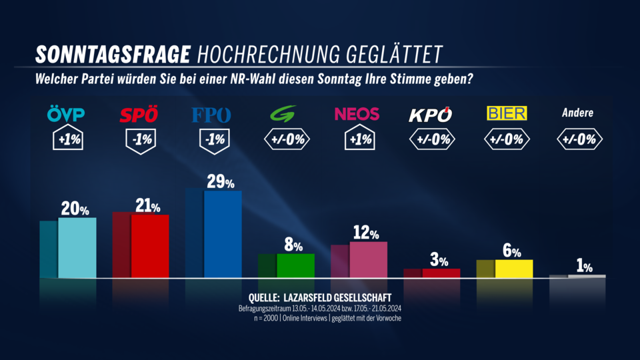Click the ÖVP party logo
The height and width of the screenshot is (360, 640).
(x=66, y=115)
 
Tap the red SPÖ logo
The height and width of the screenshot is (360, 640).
(x=139, y=115)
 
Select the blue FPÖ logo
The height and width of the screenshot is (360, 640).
(x=211, y=115)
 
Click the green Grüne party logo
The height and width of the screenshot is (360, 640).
(x=285, y=115)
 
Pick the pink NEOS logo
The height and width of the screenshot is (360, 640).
(x=357, y=114)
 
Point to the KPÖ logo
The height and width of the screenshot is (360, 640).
(x=431, y=114)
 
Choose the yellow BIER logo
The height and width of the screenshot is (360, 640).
(x=506, y=113)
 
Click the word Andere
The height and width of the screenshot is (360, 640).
(x=577, y=113)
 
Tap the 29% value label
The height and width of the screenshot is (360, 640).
(x=220, y=182)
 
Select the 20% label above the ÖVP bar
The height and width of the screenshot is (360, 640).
(x=75, y=209)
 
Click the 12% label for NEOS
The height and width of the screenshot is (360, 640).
(x=366, y=233)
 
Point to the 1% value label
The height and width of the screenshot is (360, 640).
(x=584, y=267)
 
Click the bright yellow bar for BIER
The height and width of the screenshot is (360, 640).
(x=513, y=268)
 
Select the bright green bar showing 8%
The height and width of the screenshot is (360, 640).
(x=295, y=265)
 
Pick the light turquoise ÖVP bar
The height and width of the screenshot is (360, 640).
(x=77, y=247)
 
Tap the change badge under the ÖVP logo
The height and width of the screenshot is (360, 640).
(x=67, y=139)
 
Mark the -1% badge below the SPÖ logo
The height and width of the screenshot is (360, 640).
(x=139, y=139)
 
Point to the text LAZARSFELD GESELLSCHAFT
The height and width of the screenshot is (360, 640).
(x=339, y=297)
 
